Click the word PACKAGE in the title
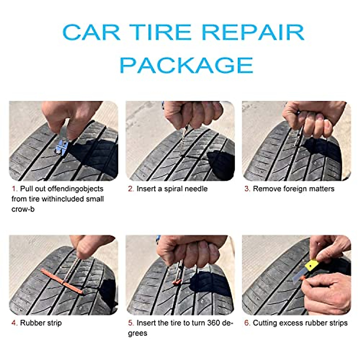click(186, 64)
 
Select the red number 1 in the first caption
click(13, 189)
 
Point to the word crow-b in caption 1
click(23, 209)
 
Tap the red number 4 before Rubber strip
click(14, 323)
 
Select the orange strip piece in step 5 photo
click(177, 282)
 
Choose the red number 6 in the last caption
click(247, 323)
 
